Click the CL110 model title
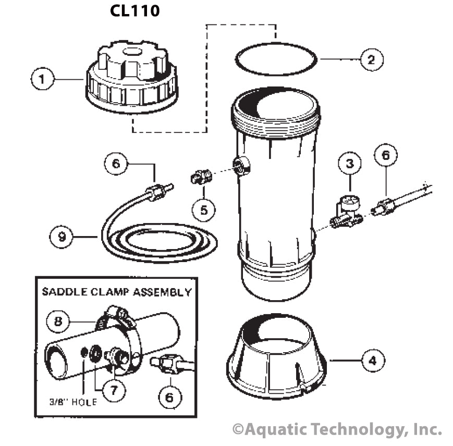click(x=134, y=11)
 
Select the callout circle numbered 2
click(x=371, y=59)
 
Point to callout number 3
click(x=350, y=163)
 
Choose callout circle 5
click(x=204, y=209)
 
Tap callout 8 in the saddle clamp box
click(x=58, y=320)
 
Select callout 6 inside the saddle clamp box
click(x=169, y=398)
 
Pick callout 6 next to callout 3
click(x=386, y=155)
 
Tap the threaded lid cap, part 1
click(x=131, y=78)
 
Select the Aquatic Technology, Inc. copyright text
click(x=337, y=429)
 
